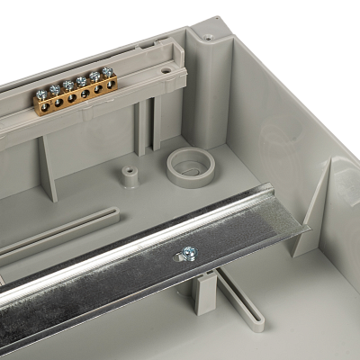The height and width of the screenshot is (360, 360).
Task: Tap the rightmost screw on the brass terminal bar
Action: tap(108, 72)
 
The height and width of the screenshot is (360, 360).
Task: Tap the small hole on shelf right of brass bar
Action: tap(169, 67)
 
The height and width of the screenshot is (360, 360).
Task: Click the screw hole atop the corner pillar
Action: tap(208, 38)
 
